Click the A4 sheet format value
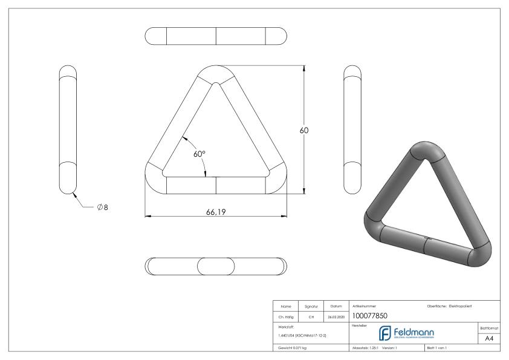(x=490, y=339)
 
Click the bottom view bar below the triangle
(x=216, y=266)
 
